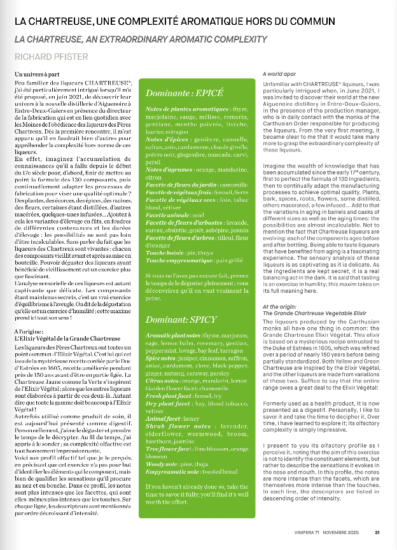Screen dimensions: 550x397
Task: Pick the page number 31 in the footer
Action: pyautogui.click(x=377, y=534)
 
